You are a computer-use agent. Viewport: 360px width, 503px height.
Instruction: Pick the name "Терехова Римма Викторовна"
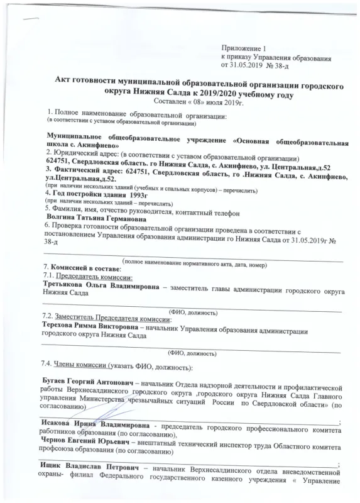coord(91,328)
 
